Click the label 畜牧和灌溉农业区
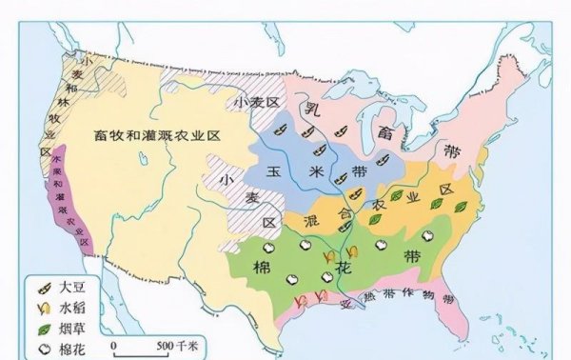click(157, 135)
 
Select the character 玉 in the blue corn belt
click(272, 171)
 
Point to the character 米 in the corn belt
click(314, 171)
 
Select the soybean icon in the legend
click(42, 286)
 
